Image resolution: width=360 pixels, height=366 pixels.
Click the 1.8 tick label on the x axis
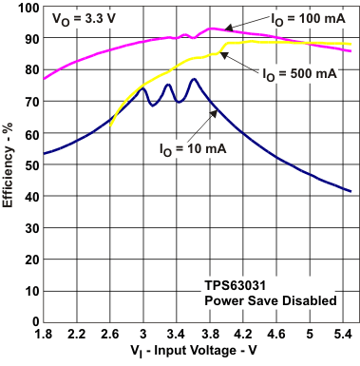(44, 335)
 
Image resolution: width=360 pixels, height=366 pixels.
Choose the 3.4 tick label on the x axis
(177, 335)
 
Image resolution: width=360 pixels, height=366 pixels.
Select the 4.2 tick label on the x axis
(243, 335)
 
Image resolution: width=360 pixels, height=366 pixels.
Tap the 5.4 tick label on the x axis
(343, 335)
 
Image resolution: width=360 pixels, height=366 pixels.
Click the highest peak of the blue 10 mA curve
(194, 79)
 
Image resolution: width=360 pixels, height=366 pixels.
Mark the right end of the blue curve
(351, 191)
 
